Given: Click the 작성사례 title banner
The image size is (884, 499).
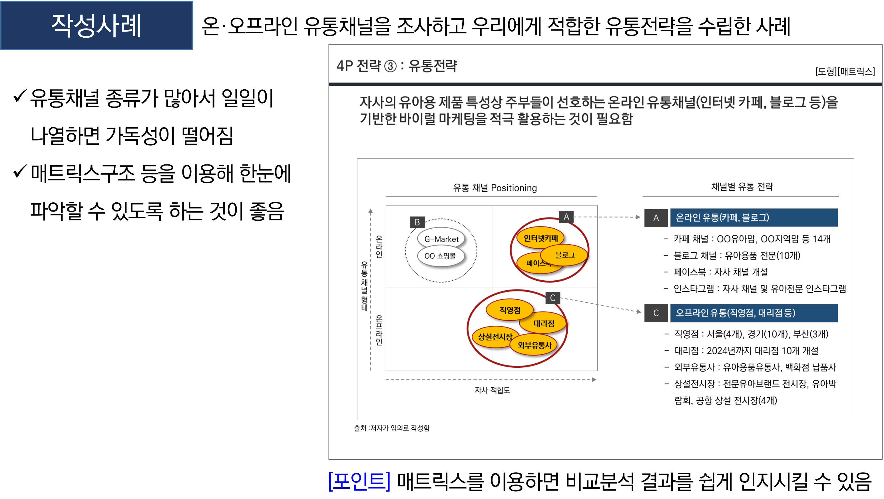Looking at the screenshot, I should [x=97, y=26].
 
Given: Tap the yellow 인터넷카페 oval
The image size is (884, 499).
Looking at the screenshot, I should [x=540, y=238].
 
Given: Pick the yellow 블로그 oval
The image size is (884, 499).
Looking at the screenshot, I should [x=565, y=255].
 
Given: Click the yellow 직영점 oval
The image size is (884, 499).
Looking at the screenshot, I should [x=510, y=310].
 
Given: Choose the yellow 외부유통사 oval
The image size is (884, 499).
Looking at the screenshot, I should [x=534, y=345].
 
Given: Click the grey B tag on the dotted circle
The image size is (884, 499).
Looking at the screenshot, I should [x=417, y=222].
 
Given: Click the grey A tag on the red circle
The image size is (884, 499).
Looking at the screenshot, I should [x=566, y=217].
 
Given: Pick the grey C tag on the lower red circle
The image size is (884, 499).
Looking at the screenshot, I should [x=552, y=297].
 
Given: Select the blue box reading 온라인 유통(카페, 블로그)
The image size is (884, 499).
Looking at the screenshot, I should [x=754, y=218].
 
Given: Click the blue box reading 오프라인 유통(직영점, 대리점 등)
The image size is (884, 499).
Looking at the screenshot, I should [x=754, y=313].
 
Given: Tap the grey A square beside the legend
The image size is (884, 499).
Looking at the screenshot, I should [x=656, y=218].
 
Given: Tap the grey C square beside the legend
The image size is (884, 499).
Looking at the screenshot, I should [x=656, y=313].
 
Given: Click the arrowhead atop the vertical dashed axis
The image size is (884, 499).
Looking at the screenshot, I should [x=371, y=211].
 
